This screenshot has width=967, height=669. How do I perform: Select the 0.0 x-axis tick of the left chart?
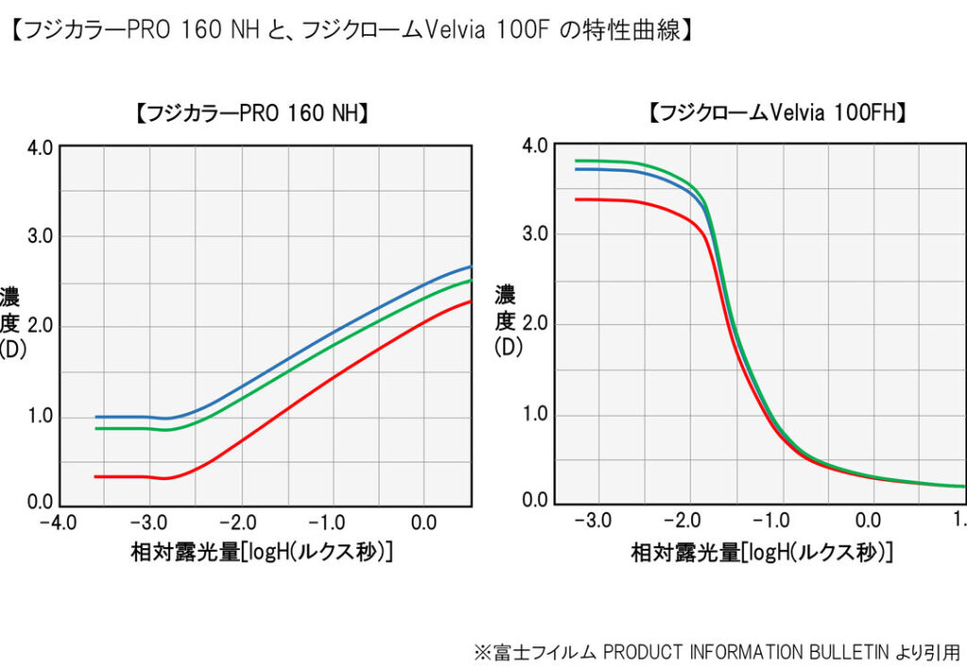tap(425, 523)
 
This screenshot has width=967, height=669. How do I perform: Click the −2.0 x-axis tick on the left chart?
tap(241, 523)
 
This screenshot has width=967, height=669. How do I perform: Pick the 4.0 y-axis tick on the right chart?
tap(534, 146)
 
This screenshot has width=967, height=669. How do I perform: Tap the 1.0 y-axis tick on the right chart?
tap(534, 415)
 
